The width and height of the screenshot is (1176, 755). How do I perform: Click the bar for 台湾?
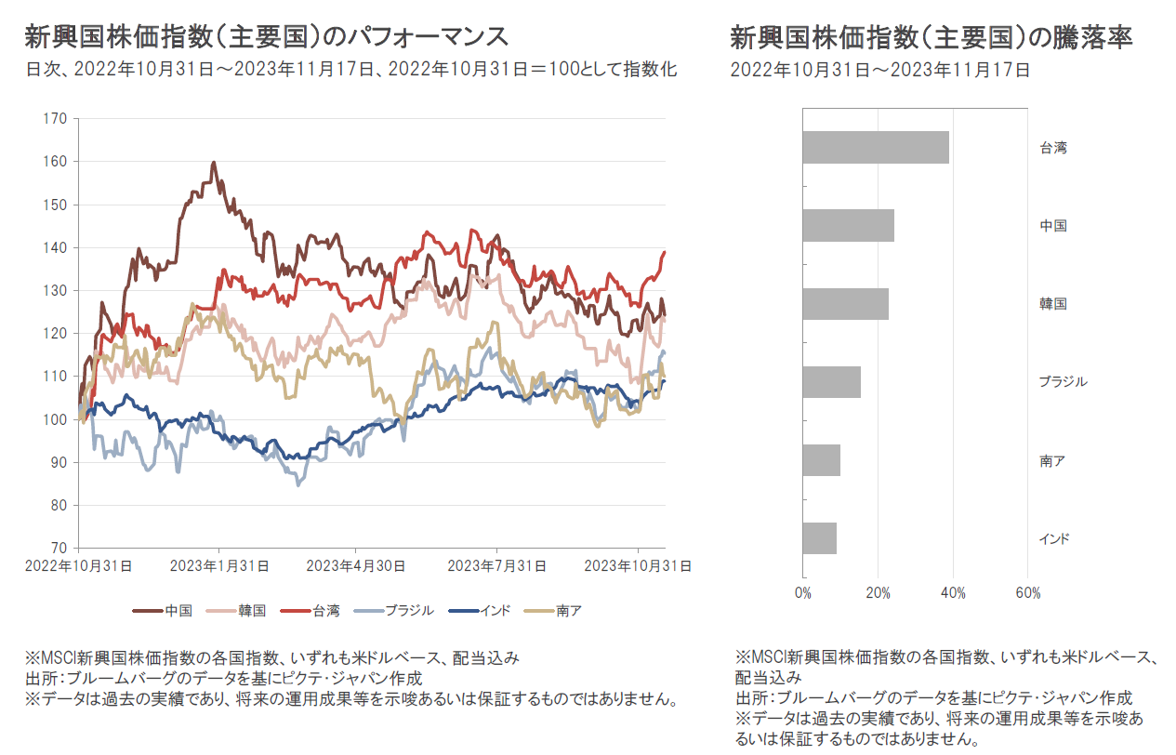click(875, 147)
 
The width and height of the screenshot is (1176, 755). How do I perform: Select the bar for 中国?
click(848, 225)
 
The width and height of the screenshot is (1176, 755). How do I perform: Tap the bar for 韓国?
click(845, 304)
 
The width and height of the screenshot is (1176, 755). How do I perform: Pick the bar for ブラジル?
click(831, 382)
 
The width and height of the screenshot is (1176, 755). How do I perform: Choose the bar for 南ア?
click(821, 460)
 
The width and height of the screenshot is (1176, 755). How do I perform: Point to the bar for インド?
click(819, 538)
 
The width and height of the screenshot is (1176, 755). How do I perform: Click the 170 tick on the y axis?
click(56, 118)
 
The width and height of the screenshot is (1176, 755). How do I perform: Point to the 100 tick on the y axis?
click(56, 419)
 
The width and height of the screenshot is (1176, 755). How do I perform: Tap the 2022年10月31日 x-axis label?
click(78, 565)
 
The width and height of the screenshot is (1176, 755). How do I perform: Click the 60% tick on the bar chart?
click(1028, 593)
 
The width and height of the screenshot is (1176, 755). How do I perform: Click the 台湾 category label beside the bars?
click(1052, 147)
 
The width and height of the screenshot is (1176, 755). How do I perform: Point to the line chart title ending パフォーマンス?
click(267, 37)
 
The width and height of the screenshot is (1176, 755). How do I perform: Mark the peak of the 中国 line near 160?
click(214, 163)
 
